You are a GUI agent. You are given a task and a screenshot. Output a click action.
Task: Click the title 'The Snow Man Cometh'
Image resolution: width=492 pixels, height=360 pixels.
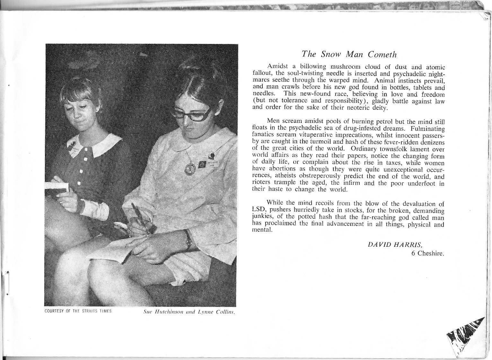pyautogui.click(x=349, y=54)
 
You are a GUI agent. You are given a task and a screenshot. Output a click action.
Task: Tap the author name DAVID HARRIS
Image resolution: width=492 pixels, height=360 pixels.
pyautogui.click(x=391, y=244)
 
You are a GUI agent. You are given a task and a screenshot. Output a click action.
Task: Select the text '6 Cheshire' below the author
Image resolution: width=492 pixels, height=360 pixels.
pyautogui.click(x=428, y=253)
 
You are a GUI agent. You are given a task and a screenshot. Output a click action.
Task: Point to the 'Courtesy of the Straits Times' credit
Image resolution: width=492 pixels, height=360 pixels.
pyautogui.click(x=78, y=311)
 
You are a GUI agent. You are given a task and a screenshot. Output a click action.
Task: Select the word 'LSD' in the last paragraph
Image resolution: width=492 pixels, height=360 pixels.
pyautogui.click(x=259, y=210)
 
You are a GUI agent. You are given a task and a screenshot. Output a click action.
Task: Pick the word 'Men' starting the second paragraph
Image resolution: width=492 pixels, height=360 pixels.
pyautogui.click(x=274, y=121)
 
